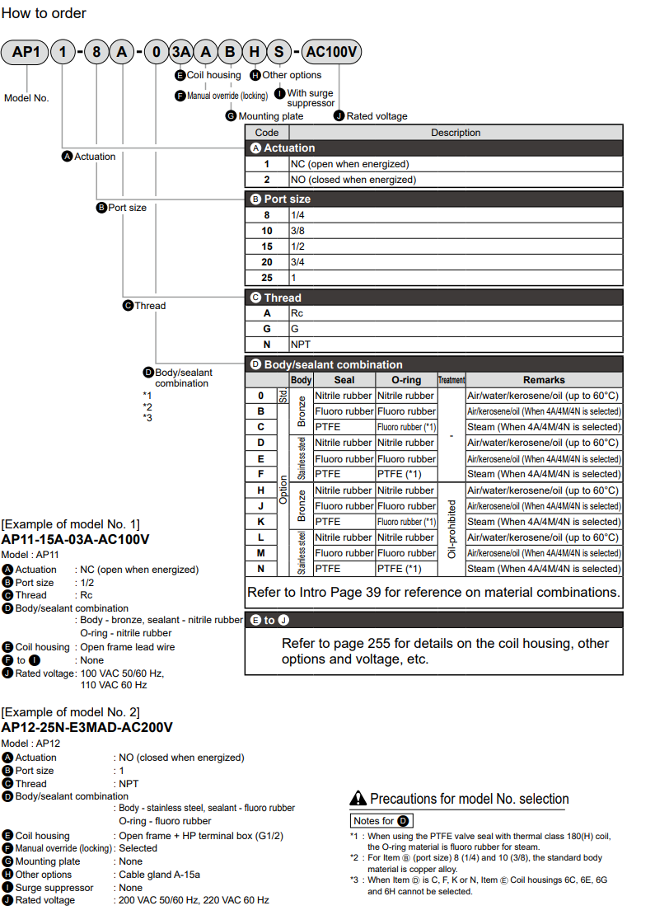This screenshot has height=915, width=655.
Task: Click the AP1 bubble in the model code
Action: click(26, 53)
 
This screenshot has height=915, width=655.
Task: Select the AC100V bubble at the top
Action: click(331, 53)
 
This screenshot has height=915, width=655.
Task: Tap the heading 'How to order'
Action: click(44, 13)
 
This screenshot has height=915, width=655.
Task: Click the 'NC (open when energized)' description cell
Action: click(349, 164)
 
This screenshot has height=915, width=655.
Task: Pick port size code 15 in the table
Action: click(267, 246)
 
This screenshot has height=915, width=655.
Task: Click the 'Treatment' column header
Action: click(451, 380)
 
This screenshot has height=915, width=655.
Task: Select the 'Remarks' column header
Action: click(544, 380)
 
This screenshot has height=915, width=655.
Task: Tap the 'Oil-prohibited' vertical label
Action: click(451, 529)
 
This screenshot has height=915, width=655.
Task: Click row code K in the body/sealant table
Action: click(261, 522)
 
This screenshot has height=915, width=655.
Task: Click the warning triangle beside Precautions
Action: click(358, 798)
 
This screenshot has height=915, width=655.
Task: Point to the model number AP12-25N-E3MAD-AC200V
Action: click(87, 727)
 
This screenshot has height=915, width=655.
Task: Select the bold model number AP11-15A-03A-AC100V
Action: click(76, 539)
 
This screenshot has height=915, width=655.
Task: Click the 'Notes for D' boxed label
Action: click(381, 821)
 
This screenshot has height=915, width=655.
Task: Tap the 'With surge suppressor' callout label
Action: click(311, 98)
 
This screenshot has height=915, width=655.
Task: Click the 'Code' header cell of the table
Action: click(267, 133)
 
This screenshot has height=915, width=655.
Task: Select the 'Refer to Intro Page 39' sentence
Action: click(433, 592)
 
